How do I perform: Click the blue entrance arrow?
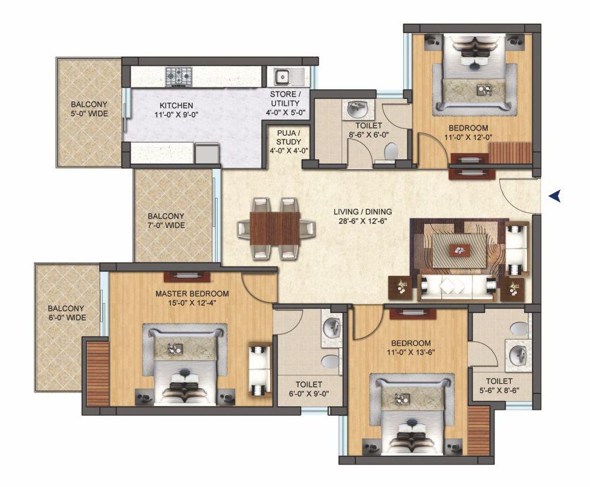click(554, 196)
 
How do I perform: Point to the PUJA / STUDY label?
click(288, 137)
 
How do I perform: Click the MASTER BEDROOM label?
click(192, 293)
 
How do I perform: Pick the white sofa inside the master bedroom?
click(259, 370)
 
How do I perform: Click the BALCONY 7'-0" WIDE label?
click(166, 221)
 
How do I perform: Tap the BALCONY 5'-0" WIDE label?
click(89, 109)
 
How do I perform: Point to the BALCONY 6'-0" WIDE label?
click(66, 313)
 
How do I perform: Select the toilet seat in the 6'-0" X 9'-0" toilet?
click(331, 361)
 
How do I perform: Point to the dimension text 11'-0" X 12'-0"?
click(468, 138)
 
